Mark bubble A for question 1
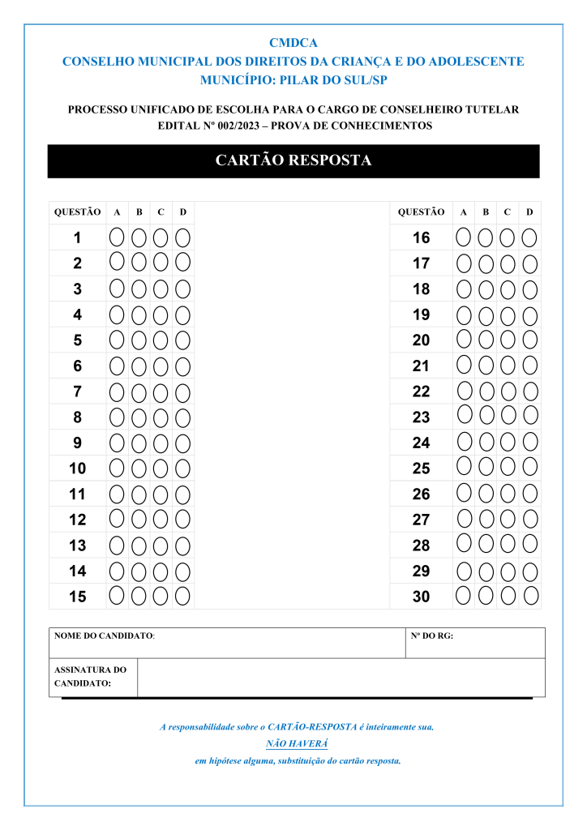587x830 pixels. [x=117, y=237]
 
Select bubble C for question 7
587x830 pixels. [x=161, y=392]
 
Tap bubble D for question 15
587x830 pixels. [x=183, y=596]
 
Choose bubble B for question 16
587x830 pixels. [x=486, y=237]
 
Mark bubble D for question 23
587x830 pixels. [x=530, y=415]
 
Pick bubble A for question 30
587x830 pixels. [x=464, y=596]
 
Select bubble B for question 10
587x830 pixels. [x=139, y=468]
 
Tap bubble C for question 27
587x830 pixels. [x=508, y=518]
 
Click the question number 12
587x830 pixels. [x=77, y=520]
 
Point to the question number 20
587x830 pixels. [x=421, y=340]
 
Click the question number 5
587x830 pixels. [x=77, y=340]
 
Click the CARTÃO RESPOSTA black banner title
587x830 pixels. [x=293, y=160]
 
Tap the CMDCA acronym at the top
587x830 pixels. [x=293, y=43]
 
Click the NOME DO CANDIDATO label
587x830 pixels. [x=104, y=636]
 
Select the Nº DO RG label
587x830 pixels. [x=432, y=636]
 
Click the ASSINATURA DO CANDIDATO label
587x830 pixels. [x=90, y=677]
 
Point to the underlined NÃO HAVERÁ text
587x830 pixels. [x=297, y=743]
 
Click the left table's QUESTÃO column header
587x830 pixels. [x=77, y=212]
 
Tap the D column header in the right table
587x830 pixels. [x=529, y=212]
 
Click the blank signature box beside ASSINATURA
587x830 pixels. [x=341, y=678]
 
